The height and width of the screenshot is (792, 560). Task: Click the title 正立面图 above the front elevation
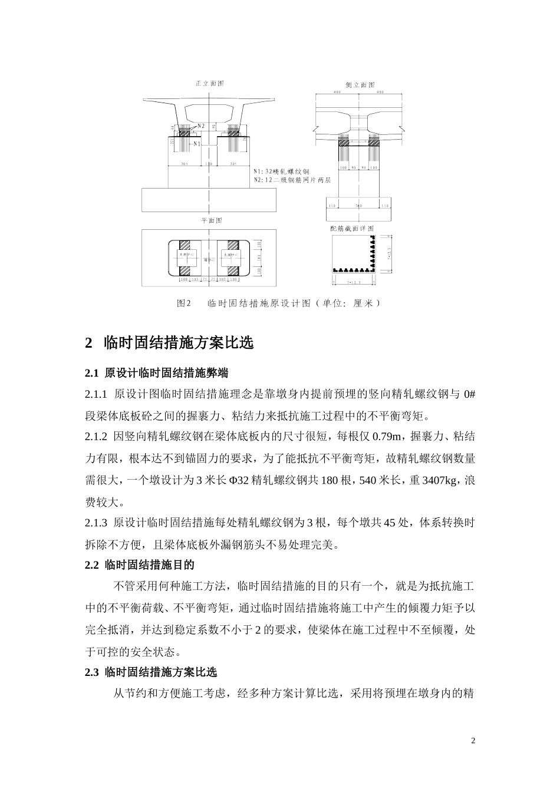[x=209, y=84]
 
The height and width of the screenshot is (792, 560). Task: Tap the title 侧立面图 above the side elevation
[x=360, y=85]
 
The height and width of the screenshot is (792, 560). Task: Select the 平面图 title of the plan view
[x=211, y=220]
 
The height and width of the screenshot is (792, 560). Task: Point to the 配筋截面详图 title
[x=353, y=228]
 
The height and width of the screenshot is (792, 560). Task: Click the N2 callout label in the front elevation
[x=200, y=126]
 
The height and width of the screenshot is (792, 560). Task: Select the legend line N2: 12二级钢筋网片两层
[x=294, y=180]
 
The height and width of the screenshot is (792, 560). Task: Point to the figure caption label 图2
[x=185, y=303]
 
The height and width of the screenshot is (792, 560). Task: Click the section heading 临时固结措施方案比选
[x=178, y=342]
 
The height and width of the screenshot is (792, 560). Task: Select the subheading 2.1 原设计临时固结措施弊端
[x=156, y=373]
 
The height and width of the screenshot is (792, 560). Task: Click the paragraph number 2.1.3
[x=96, y=523]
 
